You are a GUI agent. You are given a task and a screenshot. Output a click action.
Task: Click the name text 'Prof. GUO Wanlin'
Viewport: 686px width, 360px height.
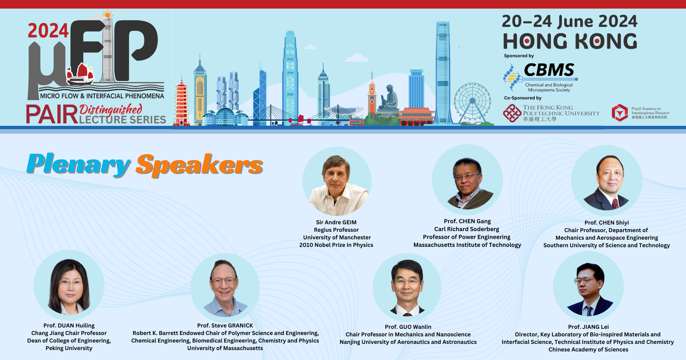(x=408, y=327)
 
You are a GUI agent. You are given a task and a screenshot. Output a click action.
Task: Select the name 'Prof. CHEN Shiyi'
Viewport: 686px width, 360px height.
(x=606, y=223)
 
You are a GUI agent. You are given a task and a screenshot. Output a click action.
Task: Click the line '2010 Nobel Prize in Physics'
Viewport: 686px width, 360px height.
(x=336, y=245)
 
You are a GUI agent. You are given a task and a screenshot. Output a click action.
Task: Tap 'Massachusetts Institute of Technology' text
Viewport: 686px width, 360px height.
(x=467, y=245)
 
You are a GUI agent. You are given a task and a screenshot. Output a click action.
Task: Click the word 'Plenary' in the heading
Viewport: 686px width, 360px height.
(x=79, y=165)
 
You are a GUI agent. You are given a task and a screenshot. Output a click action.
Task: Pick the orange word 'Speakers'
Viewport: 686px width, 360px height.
(x=199, y=165)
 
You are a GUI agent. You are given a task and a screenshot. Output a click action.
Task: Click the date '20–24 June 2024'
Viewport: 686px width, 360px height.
(x=569, y=21)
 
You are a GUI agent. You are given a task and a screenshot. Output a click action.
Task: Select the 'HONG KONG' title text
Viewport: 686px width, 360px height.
(x=570, y=41)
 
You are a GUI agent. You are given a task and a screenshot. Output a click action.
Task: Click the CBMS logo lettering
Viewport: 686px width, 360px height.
(x=549, y=70)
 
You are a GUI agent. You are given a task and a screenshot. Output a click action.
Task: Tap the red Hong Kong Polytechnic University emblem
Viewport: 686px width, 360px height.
(x=512, y=113)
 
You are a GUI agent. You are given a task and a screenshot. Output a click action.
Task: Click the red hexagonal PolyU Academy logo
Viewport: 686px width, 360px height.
(x=619, y=113)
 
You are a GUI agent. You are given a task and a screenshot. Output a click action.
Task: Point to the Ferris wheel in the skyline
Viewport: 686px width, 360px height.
(x=472, y=101)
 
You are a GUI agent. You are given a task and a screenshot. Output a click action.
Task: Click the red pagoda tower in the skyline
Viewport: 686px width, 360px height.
(x=181, y=103)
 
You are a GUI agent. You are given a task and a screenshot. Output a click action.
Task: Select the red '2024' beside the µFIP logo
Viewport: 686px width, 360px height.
(x=48, y=31)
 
